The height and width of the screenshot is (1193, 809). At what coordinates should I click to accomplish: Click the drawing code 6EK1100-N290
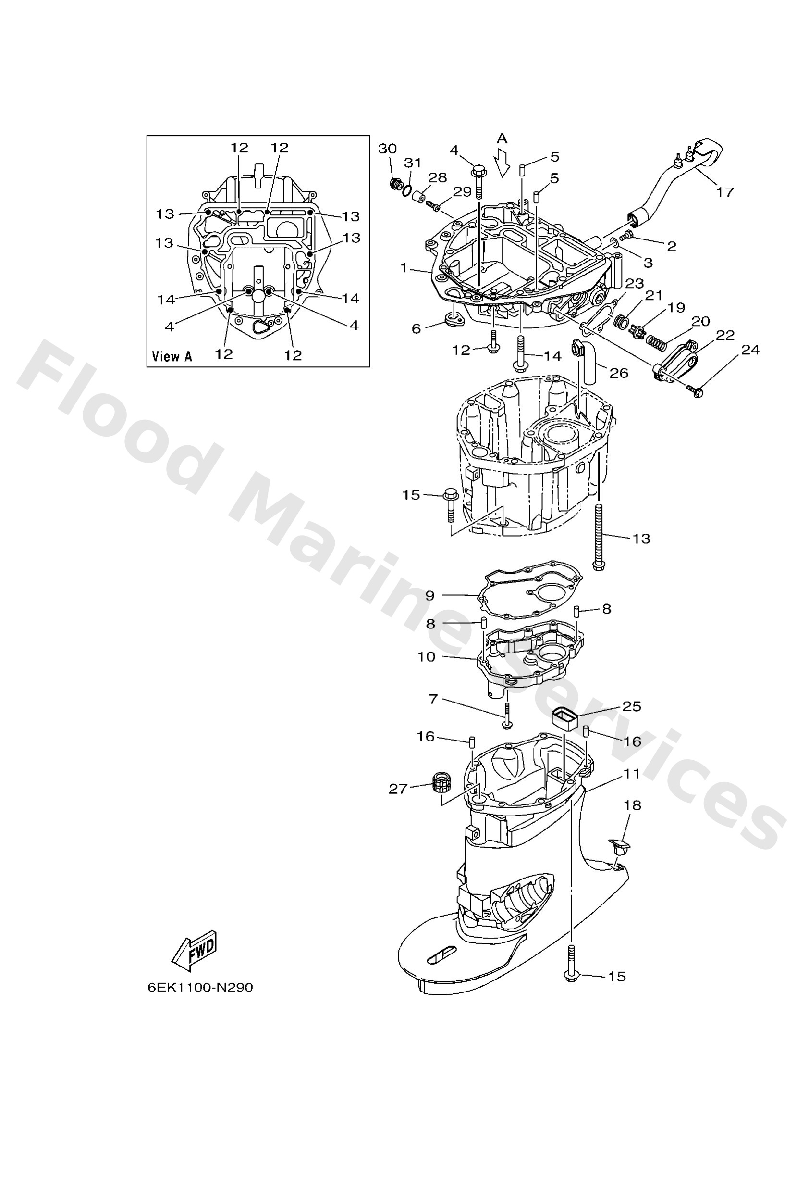[x=200, y=988]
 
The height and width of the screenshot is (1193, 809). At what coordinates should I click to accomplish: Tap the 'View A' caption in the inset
[x=172, y=356]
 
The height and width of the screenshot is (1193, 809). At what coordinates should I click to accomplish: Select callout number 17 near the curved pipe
[x=725, y=192]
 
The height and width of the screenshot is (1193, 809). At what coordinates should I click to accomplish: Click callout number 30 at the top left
[x=387, y=149]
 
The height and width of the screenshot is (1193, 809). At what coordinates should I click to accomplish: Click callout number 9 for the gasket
[x=430, y=595]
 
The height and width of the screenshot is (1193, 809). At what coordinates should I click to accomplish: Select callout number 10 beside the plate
[x=426, y=656]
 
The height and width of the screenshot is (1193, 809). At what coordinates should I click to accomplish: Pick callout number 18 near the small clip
[x=632, y=805]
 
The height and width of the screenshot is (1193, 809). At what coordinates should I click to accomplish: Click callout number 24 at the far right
[x=750, y=350]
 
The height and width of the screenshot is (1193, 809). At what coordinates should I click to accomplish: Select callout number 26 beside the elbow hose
[x=619, y=373]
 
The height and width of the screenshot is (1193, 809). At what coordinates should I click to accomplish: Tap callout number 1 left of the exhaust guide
[x=404, y=267]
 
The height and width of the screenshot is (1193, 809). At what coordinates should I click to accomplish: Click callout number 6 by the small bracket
[x=416, y=328]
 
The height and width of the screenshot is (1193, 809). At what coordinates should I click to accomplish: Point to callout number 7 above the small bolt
[x=433, y=699]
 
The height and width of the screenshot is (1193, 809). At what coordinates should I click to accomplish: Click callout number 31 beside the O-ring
[x=413, y=163]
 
